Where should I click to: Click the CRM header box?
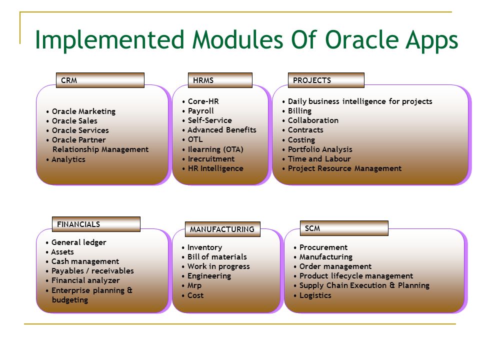(x=100, y=80)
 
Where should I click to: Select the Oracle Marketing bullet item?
(x=83, y=111)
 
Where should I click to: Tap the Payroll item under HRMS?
(x=201, y=111)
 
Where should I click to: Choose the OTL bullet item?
(x=195, y=139)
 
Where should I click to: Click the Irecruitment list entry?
(x=211, y=158)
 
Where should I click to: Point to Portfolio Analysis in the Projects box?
(x=320, y=149)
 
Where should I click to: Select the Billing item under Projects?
(x=299, y=111)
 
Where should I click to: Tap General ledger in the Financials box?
(x=78, y=242)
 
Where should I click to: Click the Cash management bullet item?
(x=85, y=261)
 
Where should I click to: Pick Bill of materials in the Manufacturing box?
(x=217, y=256)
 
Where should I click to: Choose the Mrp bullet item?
(x=194, y=285)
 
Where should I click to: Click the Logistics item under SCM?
(x=315, y=295)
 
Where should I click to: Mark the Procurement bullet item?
(x=323, y=247)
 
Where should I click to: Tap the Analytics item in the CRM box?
(x=68, y=159)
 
